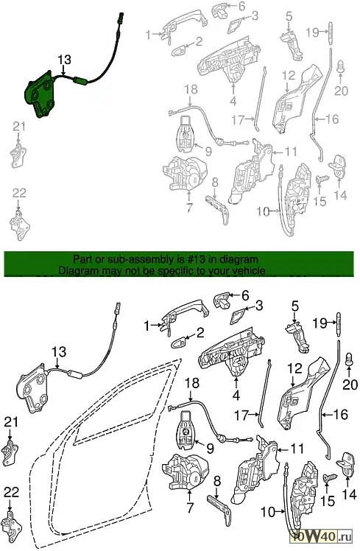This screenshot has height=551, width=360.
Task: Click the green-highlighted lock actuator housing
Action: [x=39, y=94]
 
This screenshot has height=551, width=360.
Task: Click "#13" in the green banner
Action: [x=192, y=260]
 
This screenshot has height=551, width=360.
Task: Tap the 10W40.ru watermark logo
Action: [x=320, y=536]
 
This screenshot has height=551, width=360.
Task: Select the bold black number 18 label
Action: [x=192, y=383]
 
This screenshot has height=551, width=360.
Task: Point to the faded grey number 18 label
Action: [x=191, y=89]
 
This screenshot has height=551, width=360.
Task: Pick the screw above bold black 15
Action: [x=330, y=478]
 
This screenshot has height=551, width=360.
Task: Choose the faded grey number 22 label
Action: [x=19, y=193]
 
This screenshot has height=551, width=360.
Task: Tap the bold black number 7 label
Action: [x=191, y=508]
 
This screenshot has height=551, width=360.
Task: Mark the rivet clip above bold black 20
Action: [x=350, y=359]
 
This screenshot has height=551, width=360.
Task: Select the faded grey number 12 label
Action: [x=289, y=76]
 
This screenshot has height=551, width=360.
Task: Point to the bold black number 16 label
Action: [x=340, y=415]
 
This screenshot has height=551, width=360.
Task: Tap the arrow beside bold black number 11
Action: [x=283, y=449]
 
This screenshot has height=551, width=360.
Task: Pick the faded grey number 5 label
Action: [x=289, y=16]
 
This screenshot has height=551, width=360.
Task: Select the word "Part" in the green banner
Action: [x=82, y=260]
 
